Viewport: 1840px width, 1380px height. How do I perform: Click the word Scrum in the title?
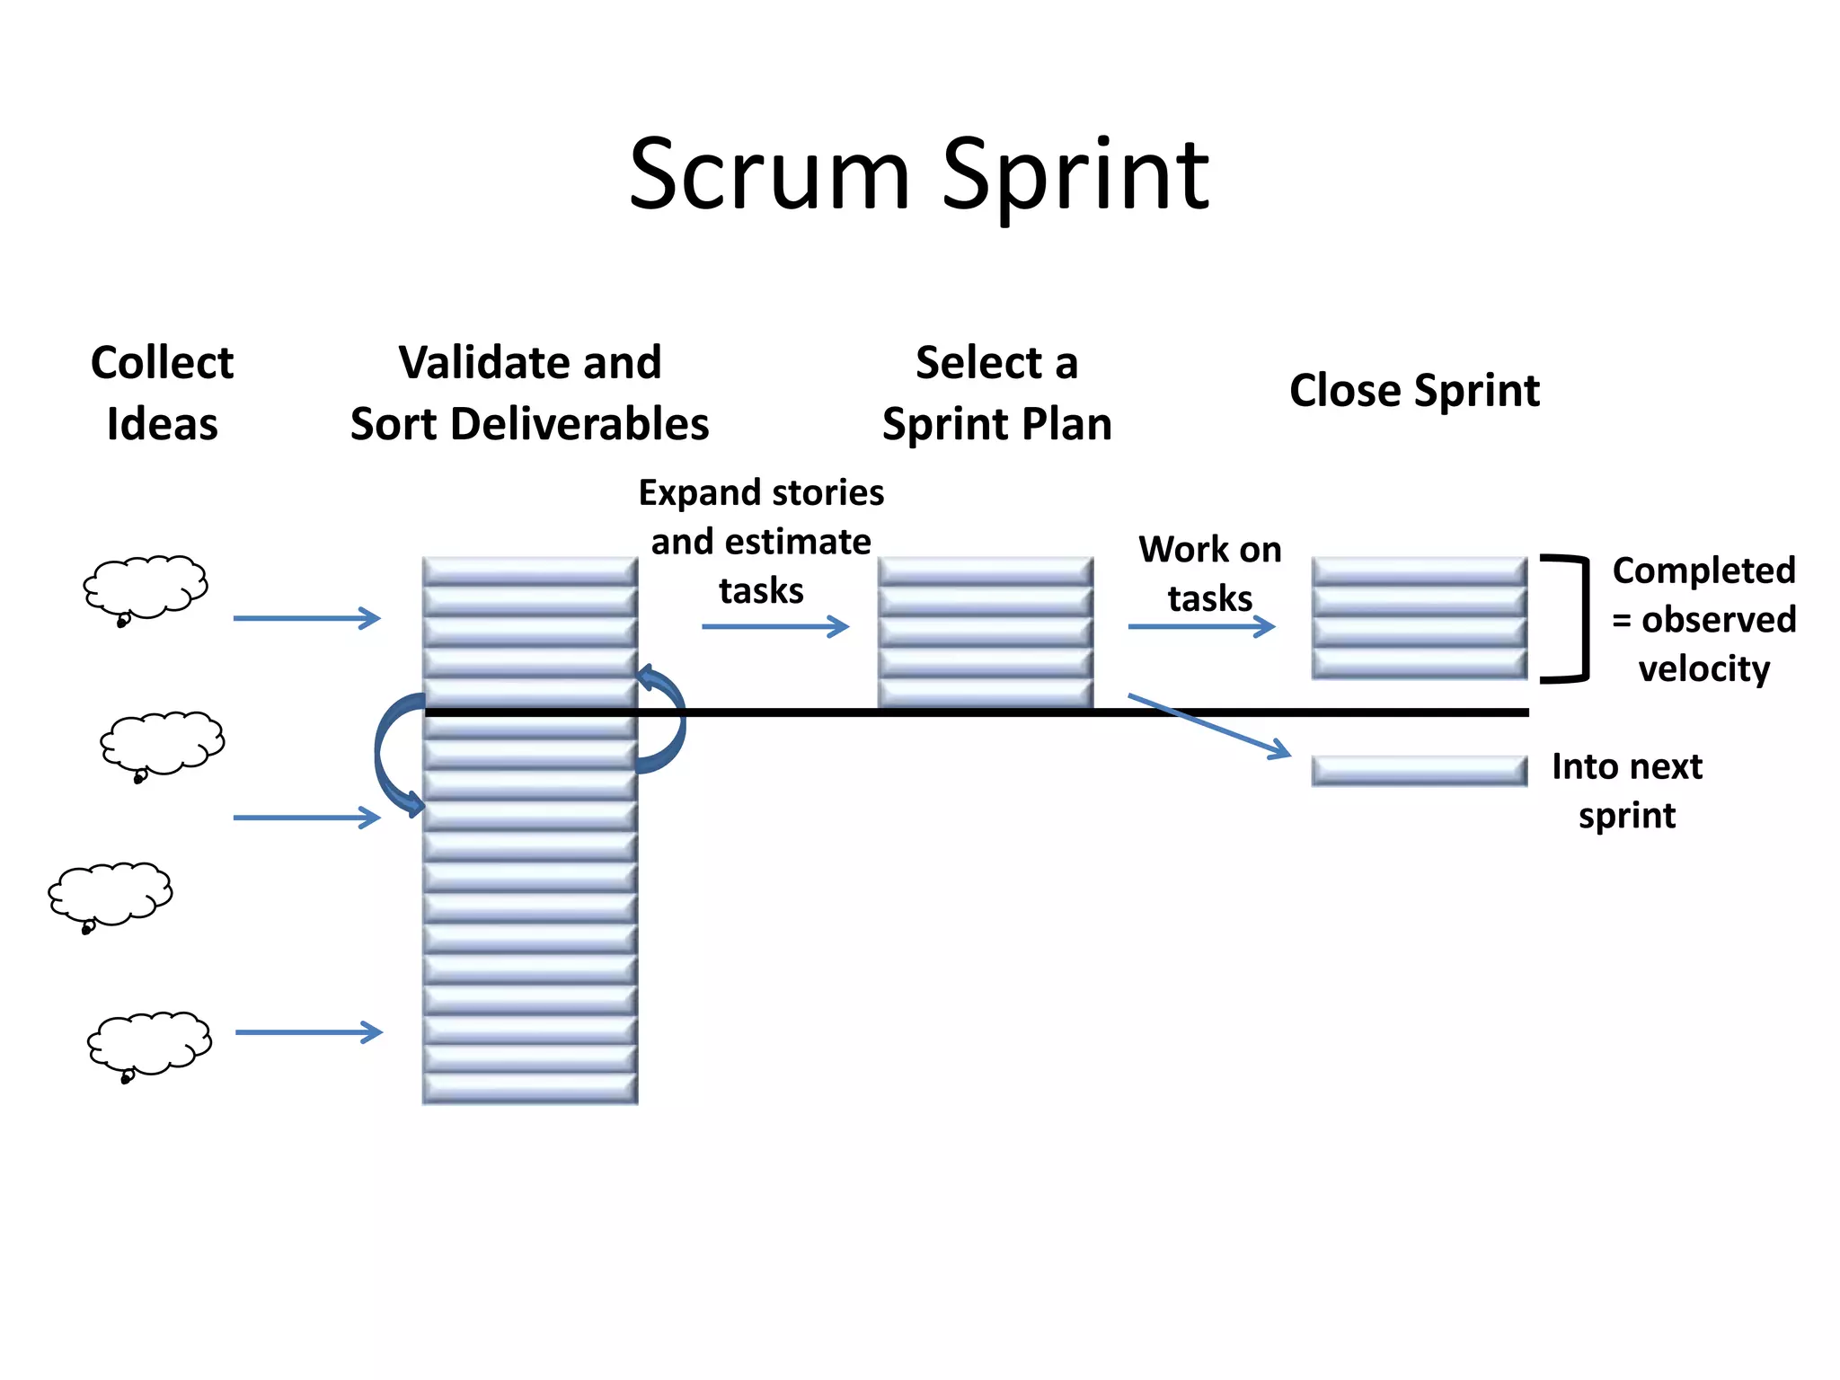(769, 175)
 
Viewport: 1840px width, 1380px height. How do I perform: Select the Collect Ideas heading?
(162, 394)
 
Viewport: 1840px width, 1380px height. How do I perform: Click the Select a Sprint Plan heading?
(996, 394)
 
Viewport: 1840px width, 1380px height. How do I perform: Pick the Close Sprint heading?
(1414, 391)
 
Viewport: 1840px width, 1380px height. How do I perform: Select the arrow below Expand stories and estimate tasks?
(775, 626)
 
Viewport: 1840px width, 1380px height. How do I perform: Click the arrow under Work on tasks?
(1201, 626)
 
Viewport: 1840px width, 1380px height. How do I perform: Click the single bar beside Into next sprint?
(1419, 771)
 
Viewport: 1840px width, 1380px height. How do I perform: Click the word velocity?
(1703, 669)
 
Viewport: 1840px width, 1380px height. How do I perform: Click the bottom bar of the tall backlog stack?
(530, 1088)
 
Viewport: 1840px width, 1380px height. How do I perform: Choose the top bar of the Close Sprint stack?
(1419, 571)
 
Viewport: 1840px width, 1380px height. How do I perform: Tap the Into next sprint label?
(1627, 791)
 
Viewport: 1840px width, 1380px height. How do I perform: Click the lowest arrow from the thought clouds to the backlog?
(308, 1032)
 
